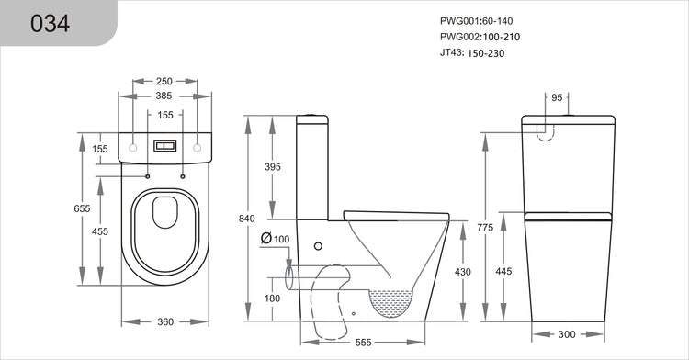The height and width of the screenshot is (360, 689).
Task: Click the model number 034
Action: coord(51,24)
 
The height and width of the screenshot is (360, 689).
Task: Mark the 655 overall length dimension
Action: coord(83,209)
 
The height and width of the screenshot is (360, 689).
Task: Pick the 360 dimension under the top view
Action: coord(166,322)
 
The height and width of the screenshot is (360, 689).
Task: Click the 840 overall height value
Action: coord(246,219)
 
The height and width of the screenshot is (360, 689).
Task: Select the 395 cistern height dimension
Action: coord(273,167)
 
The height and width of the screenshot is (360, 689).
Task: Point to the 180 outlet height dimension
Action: coord(273,298)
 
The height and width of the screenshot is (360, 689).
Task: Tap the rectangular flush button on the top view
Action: coord(166,147)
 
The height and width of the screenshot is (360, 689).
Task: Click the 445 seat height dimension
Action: coord(504,271)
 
